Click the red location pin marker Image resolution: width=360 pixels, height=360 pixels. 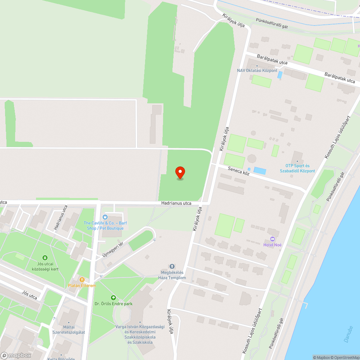point(180,172)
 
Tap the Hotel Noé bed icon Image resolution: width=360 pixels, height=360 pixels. point(272,239)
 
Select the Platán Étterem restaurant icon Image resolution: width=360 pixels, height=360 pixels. point(82,279)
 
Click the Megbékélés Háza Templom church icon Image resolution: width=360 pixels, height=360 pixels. point(172,266)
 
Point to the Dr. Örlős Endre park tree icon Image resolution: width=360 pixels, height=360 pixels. point(113,298)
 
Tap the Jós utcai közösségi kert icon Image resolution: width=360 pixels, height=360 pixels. point(45,258)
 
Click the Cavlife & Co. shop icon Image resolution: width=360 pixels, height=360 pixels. point(105,217)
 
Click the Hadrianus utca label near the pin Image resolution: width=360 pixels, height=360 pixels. point(176,203)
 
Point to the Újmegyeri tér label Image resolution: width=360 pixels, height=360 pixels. point(112,249)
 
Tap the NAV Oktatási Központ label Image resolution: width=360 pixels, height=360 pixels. point(257,71)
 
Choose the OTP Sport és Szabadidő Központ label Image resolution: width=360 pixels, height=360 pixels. point(297,168)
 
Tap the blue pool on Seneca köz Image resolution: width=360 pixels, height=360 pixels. point(260,171)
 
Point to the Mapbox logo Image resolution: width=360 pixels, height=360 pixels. point(16,355)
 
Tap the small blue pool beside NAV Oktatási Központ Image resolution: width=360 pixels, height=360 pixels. point(280,75)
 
